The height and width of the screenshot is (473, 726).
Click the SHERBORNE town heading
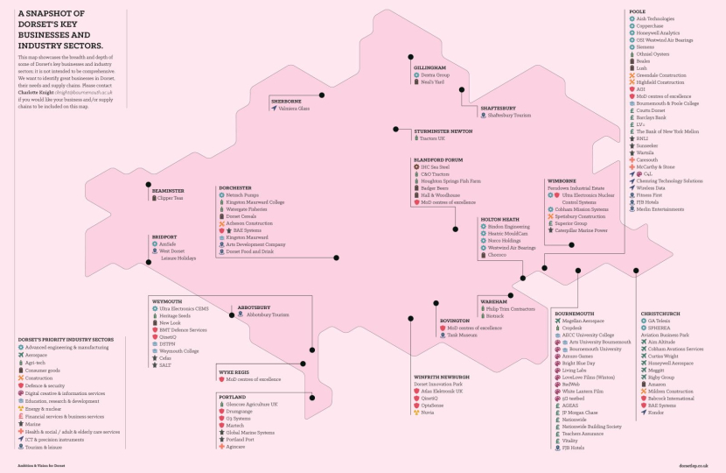286,101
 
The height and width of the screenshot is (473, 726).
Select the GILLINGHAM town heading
429,67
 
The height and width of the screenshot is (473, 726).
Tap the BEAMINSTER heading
168,190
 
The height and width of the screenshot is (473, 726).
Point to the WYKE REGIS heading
234,372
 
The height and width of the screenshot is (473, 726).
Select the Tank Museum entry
461,335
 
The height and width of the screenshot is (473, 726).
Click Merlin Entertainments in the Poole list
660,208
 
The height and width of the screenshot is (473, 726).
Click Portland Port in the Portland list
241,440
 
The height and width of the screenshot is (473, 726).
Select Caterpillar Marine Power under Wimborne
581,230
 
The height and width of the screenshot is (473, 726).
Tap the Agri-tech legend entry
35,363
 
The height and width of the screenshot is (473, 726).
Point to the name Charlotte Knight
35,92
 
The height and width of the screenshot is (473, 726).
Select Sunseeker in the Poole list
648,144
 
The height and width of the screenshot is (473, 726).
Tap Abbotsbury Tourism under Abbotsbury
268,314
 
